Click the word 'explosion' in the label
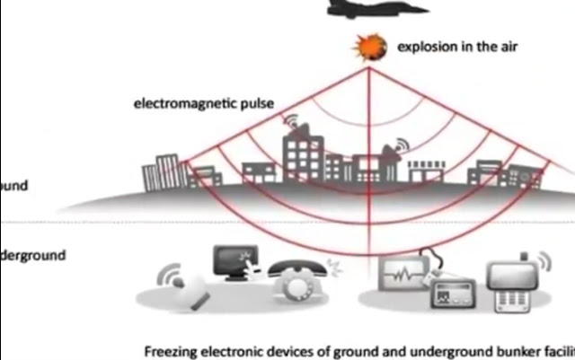[x=425, y=47]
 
